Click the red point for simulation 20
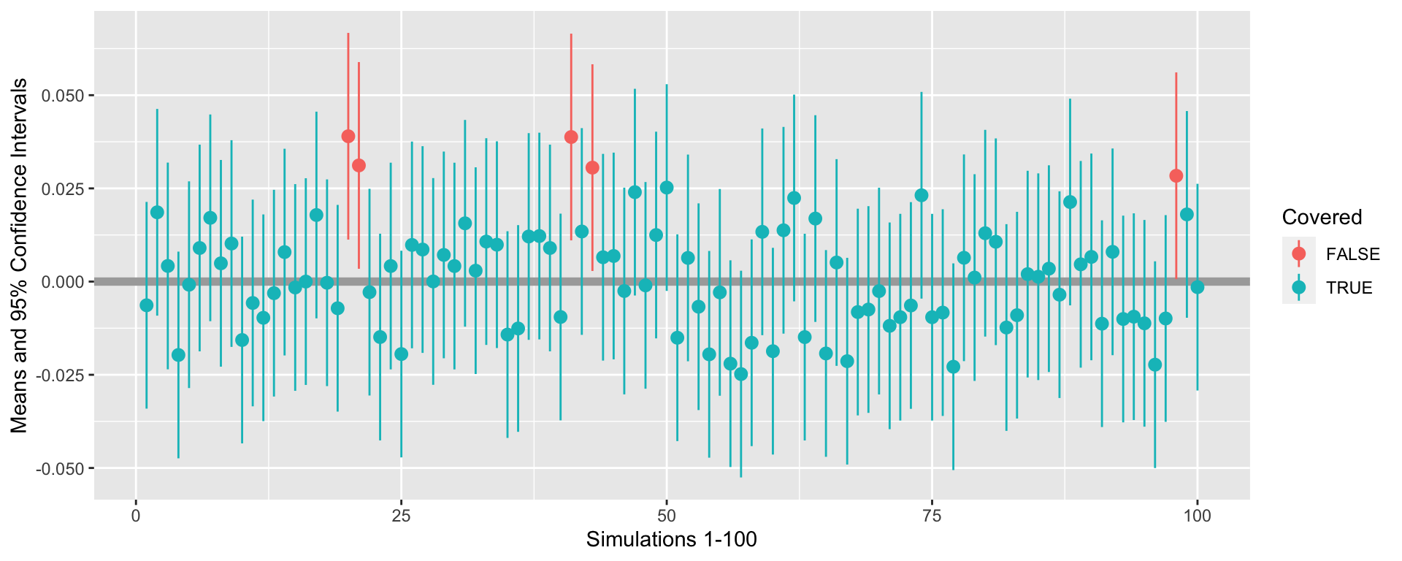pos(348,137)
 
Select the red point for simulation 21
pos(359,166)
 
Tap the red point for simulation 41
pos(571,137)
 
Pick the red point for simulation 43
pos(592,168)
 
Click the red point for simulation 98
pos(1176,176)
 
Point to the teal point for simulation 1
pos(147,305)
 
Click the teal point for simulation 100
pos(1197,287)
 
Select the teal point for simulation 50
pos(667,188)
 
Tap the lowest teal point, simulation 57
pos(741,374)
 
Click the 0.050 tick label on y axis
pos(64,96)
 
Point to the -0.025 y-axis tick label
pos(61,375)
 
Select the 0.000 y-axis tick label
pos(64,282)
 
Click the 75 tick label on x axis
pos(931,516)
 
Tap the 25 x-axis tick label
pos(401,516)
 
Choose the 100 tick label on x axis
pos(1197,516)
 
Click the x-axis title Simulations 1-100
pos(671,540)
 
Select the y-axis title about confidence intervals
pos(20,256)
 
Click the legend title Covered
pos(1322,218)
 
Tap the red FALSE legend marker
pos(1299,254)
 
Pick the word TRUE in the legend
pos(1349,288)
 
